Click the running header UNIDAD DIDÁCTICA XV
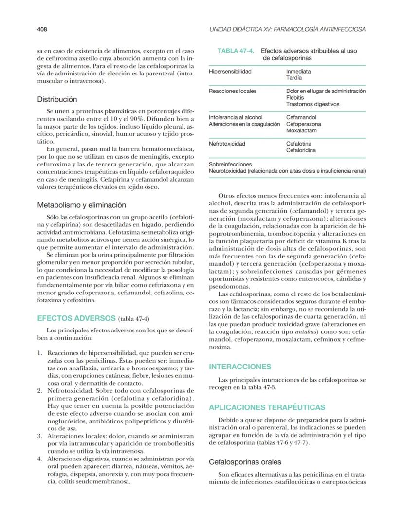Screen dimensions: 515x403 pos(287,29)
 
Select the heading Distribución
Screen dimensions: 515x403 pos(57,99)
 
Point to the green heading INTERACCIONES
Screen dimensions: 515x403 pos(239,367)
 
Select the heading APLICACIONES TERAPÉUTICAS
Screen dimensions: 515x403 pos(267,407)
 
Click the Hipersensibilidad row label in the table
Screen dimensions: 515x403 pos(230,72)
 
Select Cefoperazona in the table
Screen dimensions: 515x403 pos(305,124)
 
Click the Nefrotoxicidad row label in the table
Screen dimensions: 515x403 pos(227,144)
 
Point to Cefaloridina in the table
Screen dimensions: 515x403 pos(301,150)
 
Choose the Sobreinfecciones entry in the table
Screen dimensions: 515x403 pos(230,165)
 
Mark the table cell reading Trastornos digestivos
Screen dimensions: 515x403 pos(312,104)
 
